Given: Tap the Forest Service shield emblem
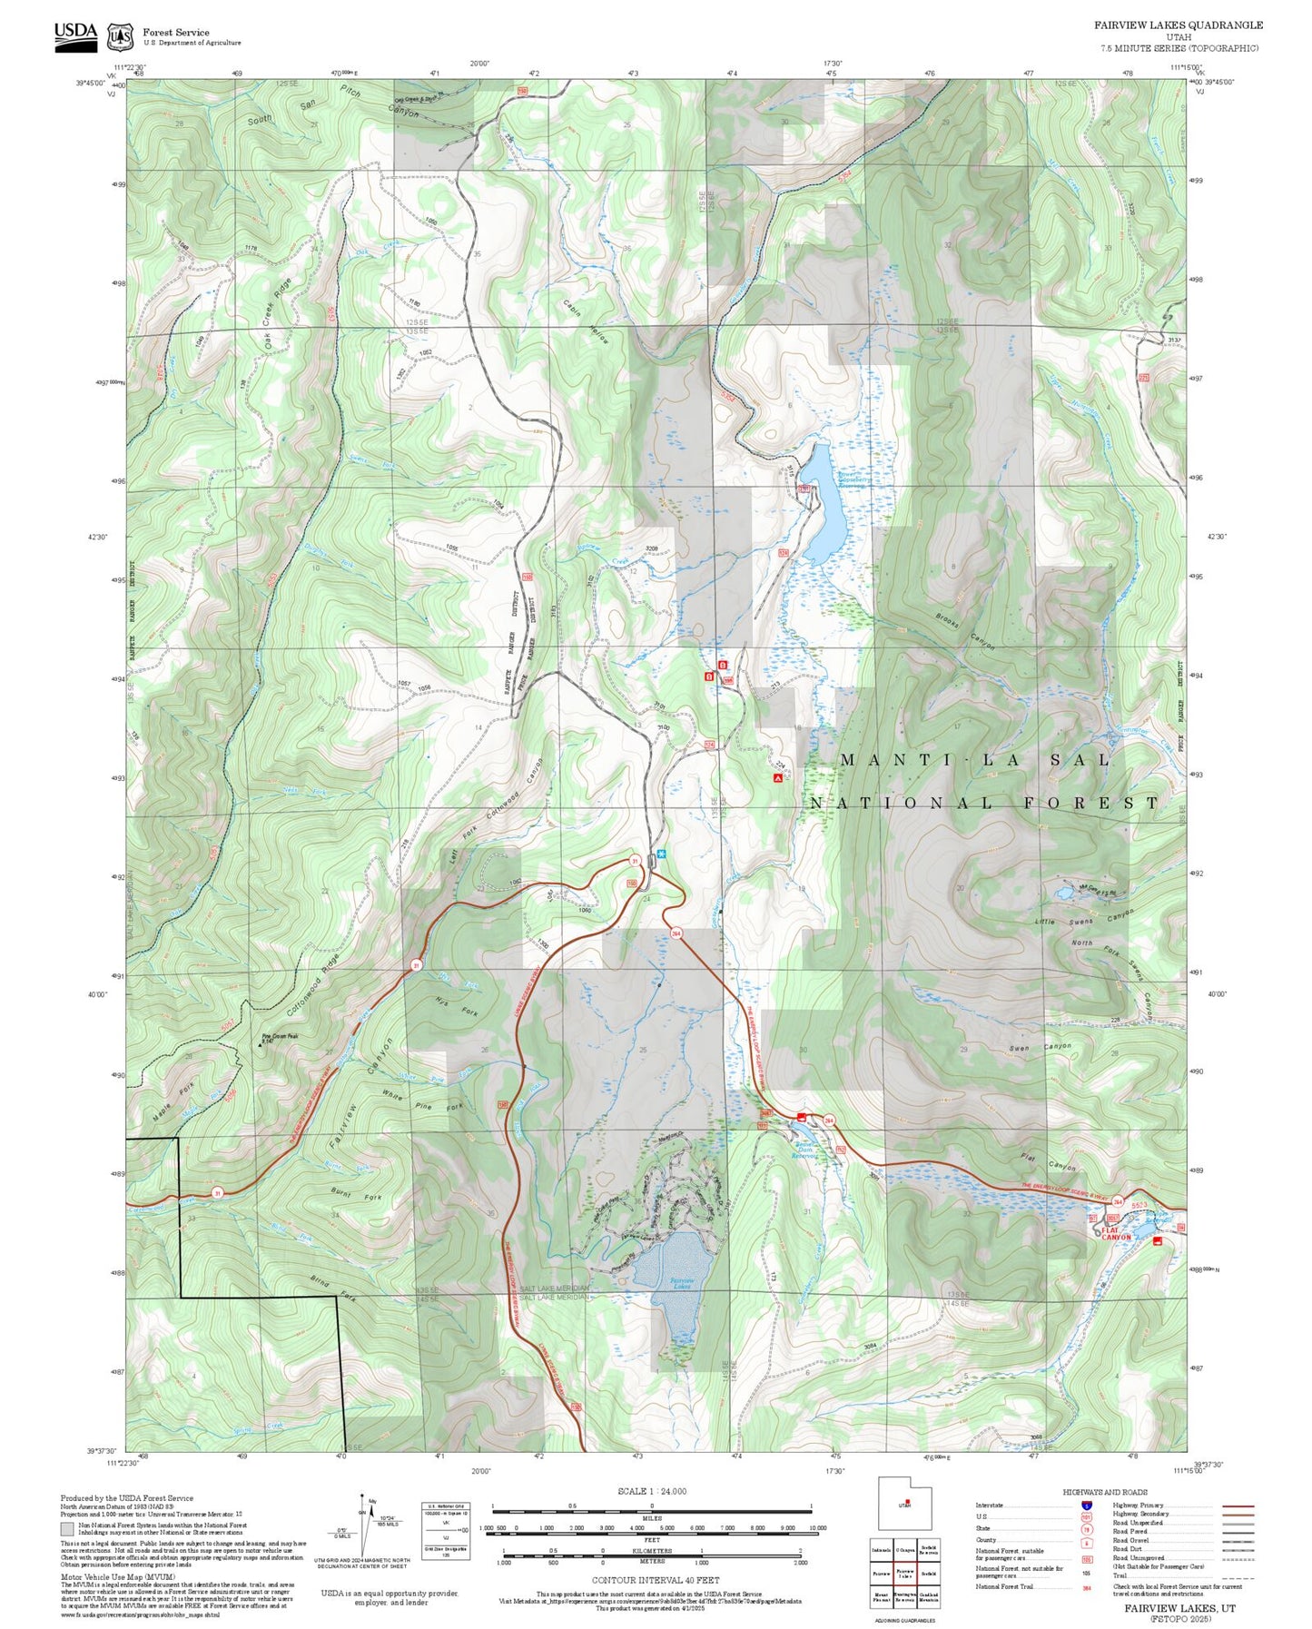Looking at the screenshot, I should [120, 36].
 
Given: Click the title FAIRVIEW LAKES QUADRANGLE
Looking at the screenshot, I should [1178, 25].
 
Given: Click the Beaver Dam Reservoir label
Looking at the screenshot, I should [805, 1150].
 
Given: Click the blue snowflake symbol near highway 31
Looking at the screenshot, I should [662, 854].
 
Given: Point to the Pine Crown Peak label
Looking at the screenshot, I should [280, 1037].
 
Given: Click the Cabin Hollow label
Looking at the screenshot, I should [586, 321].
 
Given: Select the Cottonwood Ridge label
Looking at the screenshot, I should [313, 986].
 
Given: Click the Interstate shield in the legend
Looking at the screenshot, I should [1086, 1506].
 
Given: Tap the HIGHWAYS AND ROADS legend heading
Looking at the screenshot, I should [1104, 1492].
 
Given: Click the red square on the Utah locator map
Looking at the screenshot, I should [908, 1501].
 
